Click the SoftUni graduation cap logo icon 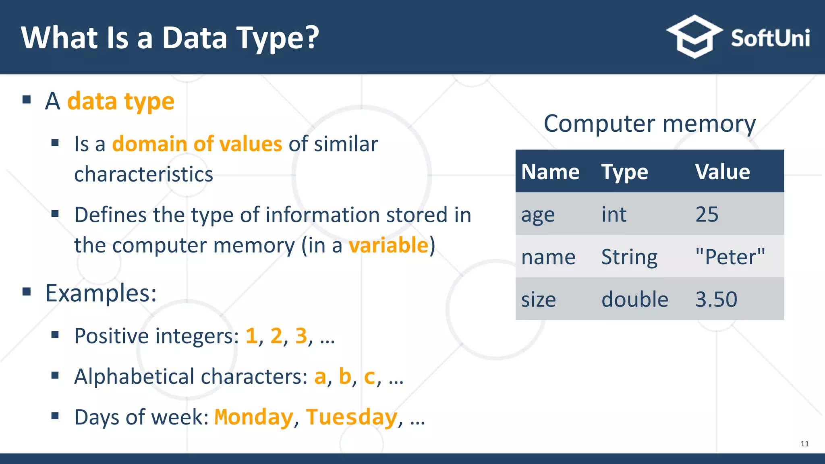tap(694, 37)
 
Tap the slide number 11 tap(804, 444)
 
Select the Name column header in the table tap(550, 172)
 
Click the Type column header tap(624, 172)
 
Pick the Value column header tap(723, 172)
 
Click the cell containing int tap(614, 214)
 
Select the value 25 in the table tap(707, 214)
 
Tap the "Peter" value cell tap(730, 257)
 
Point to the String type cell tap(629, 257)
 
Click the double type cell tap(635, 300)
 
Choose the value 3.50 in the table tap(716, 300)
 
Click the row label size tap(539, 300)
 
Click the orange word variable tap(388, 245)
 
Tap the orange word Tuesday tap(352, 417)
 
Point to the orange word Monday tap(254, 417)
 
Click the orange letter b tap(345, 376)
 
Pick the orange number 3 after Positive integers tap(301, 336)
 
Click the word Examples tap(101, 293)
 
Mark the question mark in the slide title tap(311, 37)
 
